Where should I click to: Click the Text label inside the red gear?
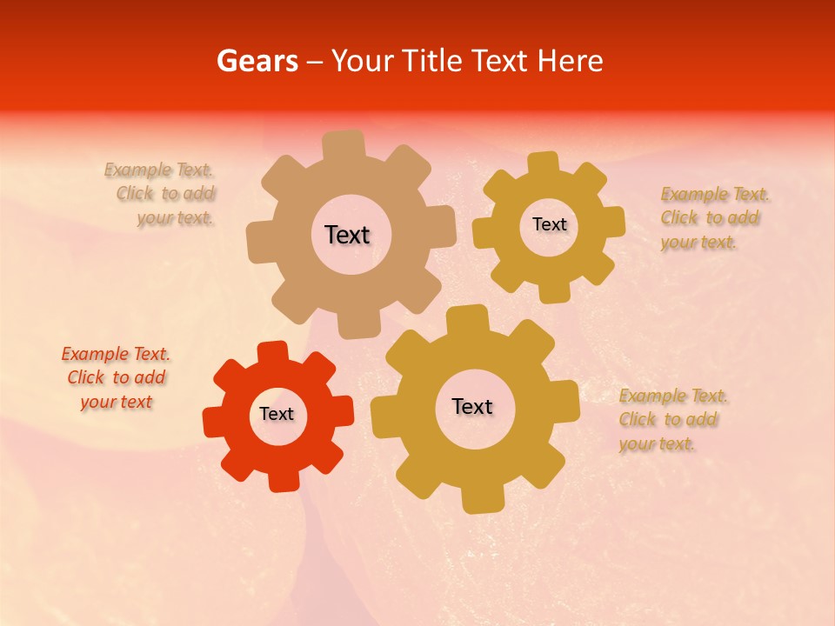click(277, 415)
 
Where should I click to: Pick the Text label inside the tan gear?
click(347, 235)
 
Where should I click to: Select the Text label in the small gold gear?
click(549, 224)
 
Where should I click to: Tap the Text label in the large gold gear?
click(472, 407)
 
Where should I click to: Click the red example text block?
click(116, 378)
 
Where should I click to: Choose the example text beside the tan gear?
click(161, 194)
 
